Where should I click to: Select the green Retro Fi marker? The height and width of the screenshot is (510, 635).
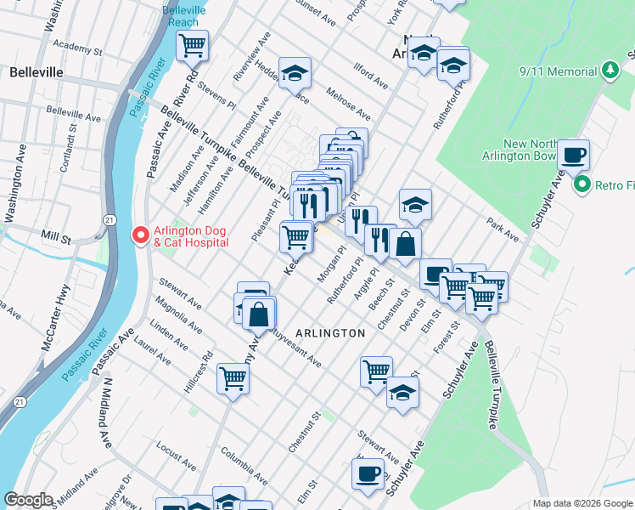[582, 184]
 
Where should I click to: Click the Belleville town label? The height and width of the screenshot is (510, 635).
[37, 72]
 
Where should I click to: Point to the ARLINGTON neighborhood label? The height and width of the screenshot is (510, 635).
[331, 333]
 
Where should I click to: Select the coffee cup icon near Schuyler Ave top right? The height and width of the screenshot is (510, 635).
[574, 155]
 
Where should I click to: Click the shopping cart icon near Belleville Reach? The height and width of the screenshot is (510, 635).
[193, 44]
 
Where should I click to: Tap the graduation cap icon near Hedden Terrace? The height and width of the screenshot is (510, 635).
[295, 73]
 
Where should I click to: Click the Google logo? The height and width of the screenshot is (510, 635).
[28, 500]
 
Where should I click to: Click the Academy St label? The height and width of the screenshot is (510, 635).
[76, 48]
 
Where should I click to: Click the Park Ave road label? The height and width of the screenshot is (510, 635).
[502, 229]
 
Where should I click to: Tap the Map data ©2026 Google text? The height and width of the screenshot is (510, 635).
[582, 503]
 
